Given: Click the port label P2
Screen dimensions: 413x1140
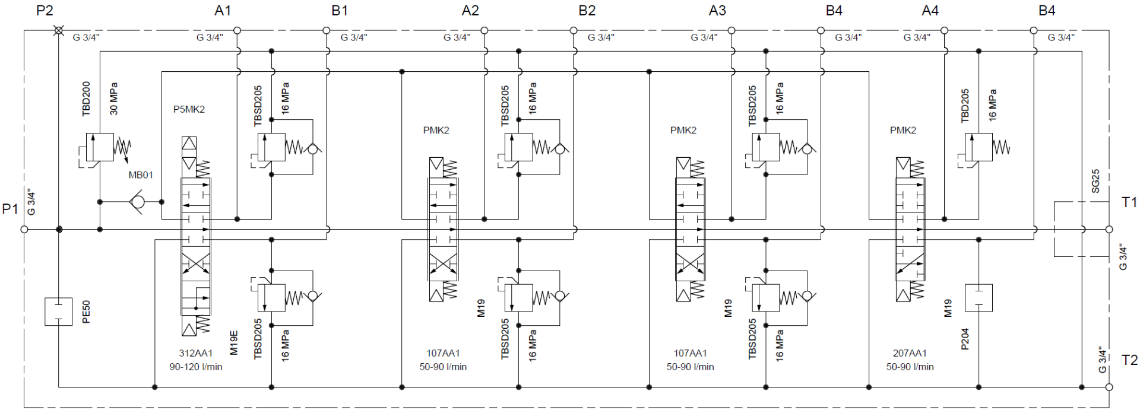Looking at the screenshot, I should (x=45, y=10).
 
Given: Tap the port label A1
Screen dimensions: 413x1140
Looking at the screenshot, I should (x=223, y=10).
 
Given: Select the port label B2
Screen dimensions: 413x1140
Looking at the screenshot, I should (x=587, y=10).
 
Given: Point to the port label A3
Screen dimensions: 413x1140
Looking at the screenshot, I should (x=717, y=10).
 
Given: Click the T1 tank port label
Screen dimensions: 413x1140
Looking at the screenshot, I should (x=1129, y=202).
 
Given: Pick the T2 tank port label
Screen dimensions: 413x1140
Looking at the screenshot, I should (x=1129, y=360).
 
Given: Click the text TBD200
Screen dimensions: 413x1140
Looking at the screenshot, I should (x=87, y=98).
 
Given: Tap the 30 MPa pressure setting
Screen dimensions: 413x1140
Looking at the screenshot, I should (x=113, y=98).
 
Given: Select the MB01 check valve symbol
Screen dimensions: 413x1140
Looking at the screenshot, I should (x=137, y=202).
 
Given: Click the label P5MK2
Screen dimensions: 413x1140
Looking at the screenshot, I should (x=189, y=109).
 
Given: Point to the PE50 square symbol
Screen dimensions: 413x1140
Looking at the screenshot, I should (x=59, y=312).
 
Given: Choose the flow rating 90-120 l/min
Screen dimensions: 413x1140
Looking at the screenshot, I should (x=196, y=367).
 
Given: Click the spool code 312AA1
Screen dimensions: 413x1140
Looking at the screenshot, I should (x=196, y=353).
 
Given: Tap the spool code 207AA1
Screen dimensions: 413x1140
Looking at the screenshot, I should (x=910, y=353).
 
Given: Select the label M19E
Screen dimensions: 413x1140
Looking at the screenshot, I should (x=234, y=342).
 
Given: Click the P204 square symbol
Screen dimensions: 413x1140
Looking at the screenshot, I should (x=978, y=298).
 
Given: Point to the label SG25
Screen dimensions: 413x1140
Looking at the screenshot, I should (x=1095, y=181).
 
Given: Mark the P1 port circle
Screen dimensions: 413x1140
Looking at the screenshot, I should (x=24, y=229).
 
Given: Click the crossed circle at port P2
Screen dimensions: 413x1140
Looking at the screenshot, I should (x=59, y=30).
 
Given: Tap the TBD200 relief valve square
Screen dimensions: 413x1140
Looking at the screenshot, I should (x=100, y=147).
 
